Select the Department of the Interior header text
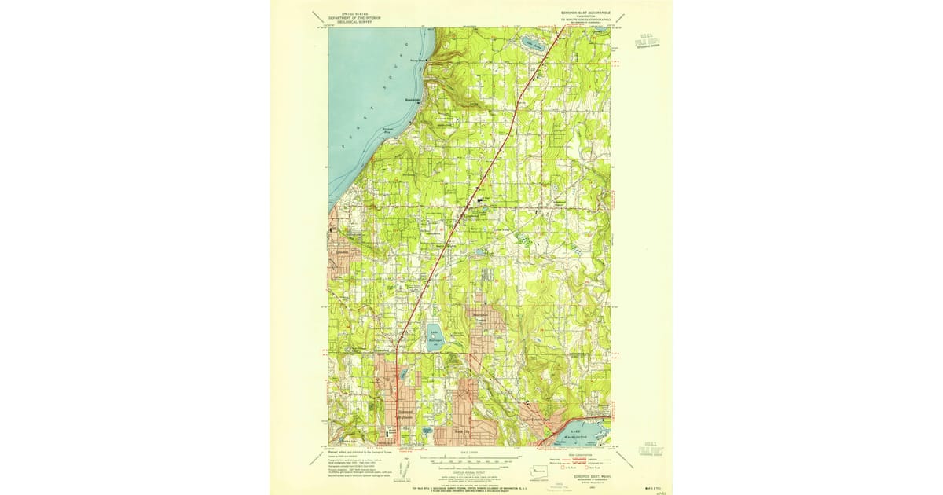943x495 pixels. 350,17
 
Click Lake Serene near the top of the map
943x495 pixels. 533,43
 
